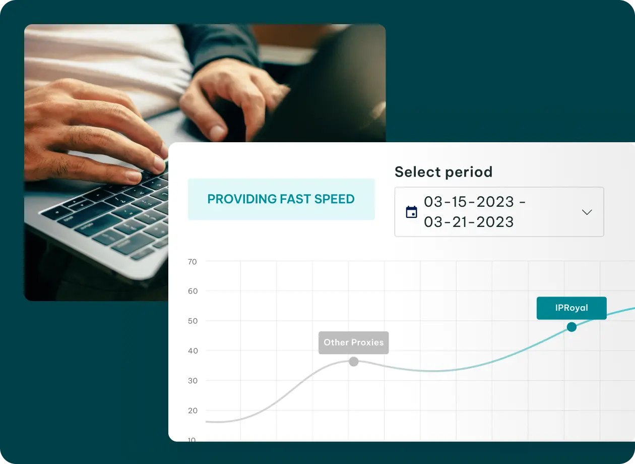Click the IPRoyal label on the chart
click(571, 308)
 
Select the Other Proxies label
click(353, 342)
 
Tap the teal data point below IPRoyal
click(571, 327)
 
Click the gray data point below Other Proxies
click(353, 362)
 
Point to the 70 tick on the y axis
click(192, 262)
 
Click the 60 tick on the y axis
click(193, 292)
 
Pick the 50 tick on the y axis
click(193, 321)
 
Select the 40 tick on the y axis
click(193, 351)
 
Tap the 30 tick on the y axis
click(193, 381)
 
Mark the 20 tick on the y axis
click(193, 411)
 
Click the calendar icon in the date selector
click(411, 212)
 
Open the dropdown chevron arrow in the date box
click(587, 212)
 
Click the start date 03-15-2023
click(469, 202)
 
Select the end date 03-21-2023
click(469, 222)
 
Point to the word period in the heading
click(469, 172)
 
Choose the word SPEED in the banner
click(335, 199)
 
